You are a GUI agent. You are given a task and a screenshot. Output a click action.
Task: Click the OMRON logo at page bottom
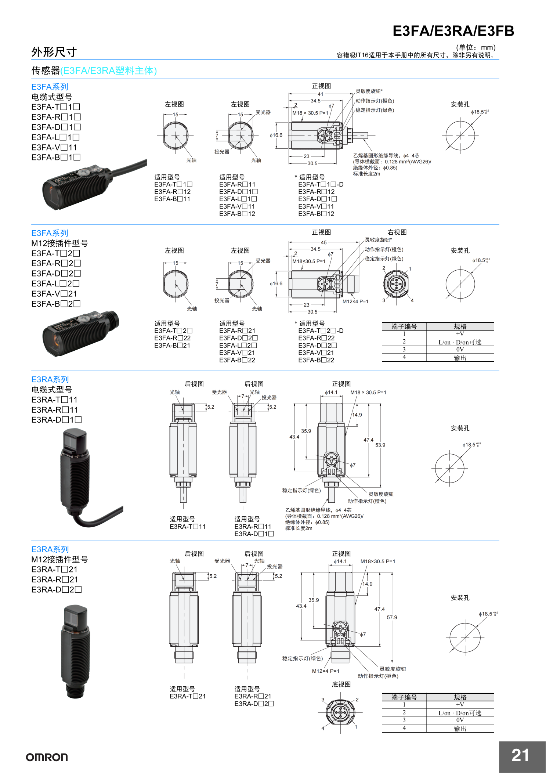tap(47, 757)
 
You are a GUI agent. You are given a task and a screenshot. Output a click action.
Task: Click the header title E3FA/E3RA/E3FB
tap(453, 31)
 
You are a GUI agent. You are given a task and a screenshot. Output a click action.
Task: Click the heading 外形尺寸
tap(54, 52)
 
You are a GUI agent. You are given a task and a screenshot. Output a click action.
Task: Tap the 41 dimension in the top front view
tap(321, 94)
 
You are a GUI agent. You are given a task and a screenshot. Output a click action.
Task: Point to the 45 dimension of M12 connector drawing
tap(323, 242)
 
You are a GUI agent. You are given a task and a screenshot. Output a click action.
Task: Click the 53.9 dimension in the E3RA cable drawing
tap(380, 445)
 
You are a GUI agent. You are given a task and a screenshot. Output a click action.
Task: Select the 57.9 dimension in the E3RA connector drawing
tap(392, 617)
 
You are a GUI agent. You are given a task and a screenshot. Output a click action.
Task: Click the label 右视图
tap(397, 232)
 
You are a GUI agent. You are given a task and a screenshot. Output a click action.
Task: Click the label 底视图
tap(341, 684)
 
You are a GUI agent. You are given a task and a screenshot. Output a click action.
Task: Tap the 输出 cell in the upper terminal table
tap(460, 358)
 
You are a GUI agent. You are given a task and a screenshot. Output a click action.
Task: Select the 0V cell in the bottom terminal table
tap(460, 720)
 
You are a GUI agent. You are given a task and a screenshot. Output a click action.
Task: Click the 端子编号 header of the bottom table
tap(404, 697)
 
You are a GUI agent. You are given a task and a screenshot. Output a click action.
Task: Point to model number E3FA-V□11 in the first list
tap(54, 147)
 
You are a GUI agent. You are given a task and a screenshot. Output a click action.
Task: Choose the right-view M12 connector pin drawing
tap(396, 284)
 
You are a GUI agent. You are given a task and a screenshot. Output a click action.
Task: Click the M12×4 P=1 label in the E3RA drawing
tap(325, 671)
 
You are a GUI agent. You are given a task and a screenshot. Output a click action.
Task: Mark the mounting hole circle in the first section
tap(460, 136)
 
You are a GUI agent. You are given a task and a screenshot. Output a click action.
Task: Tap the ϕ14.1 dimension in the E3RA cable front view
tap(331, 392)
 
